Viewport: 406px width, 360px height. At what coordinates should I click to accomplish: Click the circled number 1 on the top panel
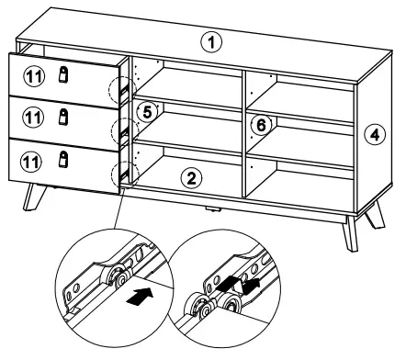tap(211, 42)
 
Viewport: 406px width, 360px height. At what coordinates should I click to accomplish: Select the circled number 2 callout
tap(191, 178)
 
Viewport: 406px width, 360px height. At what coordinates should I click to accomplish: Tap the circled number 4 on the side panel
tap(375, 135)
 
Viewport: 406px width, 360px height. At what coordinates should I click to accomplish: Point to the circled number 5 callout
tap(147, 112)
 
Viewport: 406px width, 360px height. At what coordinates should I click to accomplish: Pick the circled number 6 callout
tap(261, 125)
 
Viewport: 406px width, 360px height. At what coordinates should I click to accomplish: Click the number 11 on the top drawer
tap(34, 76)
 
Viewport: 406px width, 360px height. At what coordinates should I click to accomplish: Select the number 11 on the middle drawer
tap(33, 118)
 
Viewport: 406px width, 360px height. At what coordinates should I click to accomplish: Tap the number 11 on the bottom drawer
tap(31, 162)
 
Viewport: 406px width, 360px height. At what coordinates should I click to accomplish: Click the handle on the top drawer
tap(63, 74)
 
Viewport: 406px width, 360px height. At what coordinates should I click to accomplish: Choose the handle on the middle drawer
tap(63, 117)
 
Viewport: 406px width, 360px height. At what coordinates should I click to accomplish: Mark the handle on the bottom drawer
tap(63, 159)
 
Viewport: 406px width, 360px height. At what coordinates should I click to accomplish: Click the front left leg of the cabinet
tap(34, 197)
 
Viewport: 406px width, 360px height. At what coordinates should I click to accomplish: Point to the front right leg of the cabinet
tap(351, 233)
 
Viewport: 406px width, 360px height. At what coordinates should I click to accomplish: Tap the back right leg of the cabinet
tap(375, 214)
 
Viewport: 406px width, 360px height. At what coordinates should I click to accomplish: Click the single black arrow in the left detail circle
tap(140, 296)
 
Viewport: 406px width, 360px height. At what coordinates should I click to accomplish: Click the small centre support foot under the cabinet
tap(213, 209)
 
